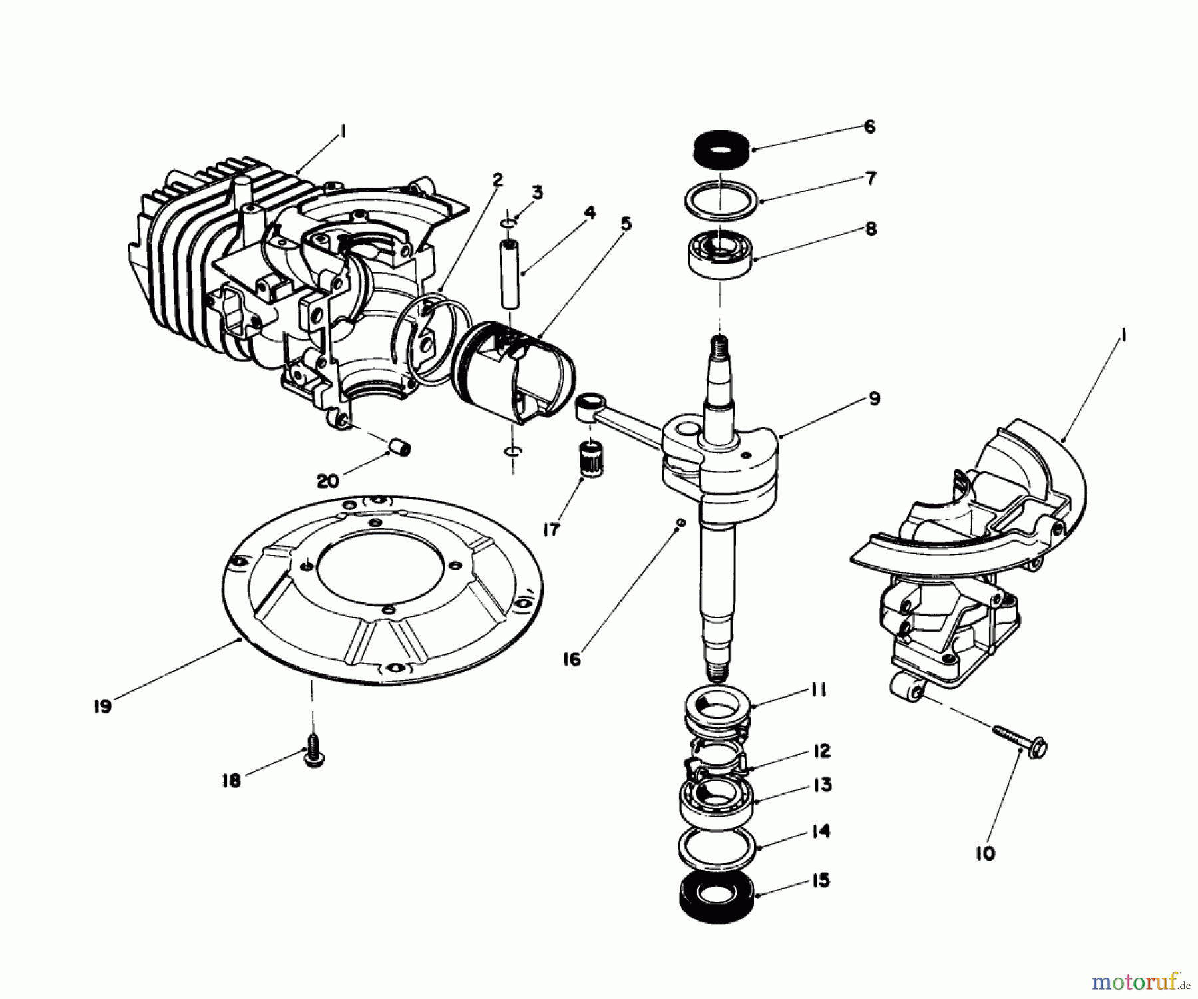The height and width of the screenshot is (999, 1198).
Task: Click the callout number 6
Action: click(869, 126)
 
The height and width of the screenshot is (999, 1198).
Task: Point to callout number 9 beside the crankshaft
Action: click(874, 399)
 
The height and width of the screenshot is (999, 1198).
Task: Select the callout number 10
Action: click(986, 853)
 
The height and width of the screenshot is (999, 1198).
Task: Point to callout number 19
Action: click(102, 707)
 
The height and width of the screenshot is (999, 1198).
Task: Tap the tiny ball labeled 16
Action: click(680, 524)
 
